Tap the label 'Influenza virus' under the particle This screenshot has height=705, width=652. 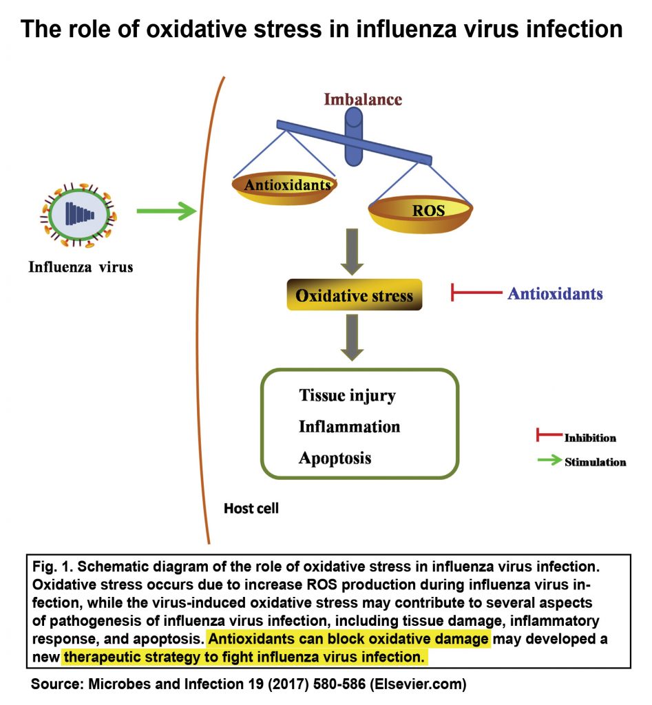pyautogui.click(x=80, y=266)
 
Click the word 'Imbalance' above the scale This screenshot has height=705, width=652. pyautogui.click(x=363, y=99)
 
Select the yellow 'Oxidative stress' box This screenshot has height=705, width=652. pyautogui.click(x=354, y=296)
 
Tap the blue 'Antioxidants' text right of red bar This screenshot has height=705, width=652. pyautogui.click(x=555, y=294)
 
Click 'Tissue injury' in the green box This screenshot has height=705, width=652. pyautogui.click(x=347, y=396)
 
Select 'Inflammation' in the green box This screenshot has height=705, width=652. pyautogui.click(x=349, y=427)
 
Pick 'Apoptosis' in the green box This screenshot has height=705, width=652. pyautogui.click(x=335, y=458)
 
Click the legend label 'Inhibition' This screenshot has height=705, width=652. pyautogui.click(x=590, y=438)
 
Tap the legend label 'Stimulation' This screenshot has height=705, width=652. pyautogui.click(x=595, y=462)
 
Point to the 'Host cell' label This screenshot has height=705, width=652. pyautogui.click(x=251, y=509)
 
